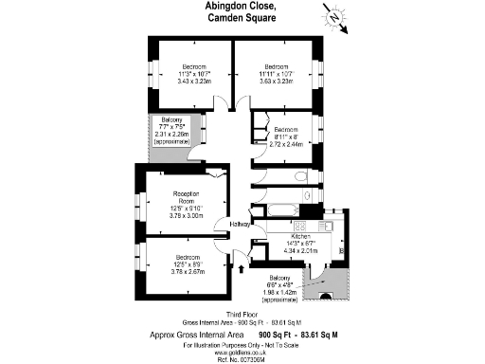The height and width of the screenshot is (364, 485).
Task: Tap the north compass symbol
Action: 336,18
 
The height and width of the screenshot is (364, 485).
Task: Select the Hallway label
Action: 240,224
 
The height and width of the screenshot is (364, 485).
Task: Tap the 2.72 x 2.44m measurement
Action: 285,144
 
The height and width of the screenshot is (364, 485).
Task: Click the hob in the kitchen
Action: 302,226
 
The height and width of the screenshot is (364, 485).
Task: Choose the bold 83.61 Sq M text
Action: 319,335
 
